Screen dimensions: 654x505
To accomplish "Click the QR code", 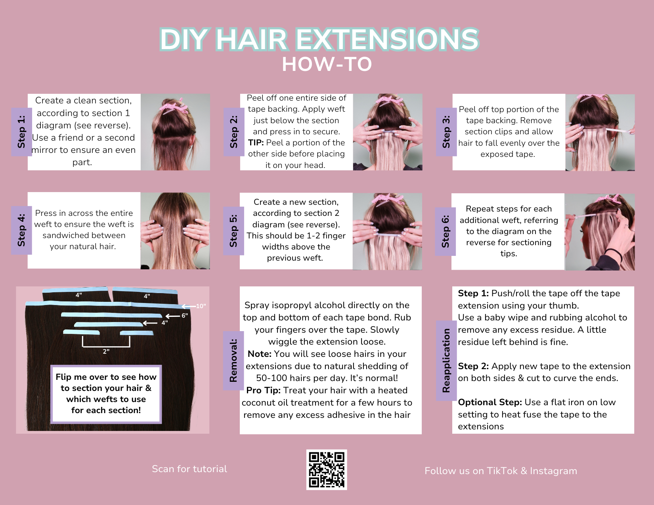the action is (x=327, y=470).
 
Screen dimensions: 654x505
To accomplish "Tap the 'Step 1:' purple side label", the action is (x=22, y=132).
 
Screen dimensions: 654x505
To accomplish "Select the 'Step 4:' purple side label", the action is (x=22, y=231).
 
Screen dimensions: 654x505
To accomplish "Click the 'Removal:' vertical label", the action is (x=233, y=360).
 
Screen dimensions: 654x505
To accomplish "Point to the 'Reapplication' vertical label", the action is (x=446, y=360).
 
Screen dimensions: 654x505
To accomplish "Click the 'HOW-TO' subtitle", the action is (x=327, y=65).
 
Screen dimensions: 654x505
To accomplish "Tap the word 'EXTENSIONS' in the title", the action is (x=387, y=39).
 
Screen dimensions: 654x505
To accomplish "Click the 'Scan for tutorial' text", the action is (x=189, y=469).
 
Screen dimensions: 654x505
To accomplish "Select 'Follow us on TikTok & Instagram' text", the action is (x=501, y=471).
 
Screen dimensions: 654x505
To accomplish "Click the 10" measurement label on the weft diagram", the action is (x=201, y=306).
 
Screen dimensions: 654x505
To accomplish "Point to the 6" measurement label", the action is (x=184, y=316).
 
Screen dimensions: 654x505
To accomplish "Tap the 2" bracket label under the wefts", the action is (x=106, y=351).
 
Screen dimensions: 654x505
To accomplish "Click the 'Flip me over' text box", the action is (x=106, y=394).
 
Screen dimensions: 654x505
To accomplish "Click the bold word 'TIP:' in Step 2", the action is (x=256, y=143).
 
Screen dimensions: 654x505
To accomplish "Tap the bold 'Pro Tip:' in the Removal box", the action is (x=263, y=391).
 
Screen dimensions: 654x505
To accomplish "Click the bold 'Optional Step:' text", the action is (x=490, y=402).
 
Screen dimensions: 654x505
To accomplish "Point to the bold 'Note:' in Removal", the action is (x=260, y=354).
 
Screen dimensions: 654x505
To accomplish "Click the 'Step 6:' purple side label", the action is (x=446, y=232).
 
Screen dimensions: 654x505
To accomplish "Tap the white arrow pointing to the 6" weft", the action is (x=173, y=316).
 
